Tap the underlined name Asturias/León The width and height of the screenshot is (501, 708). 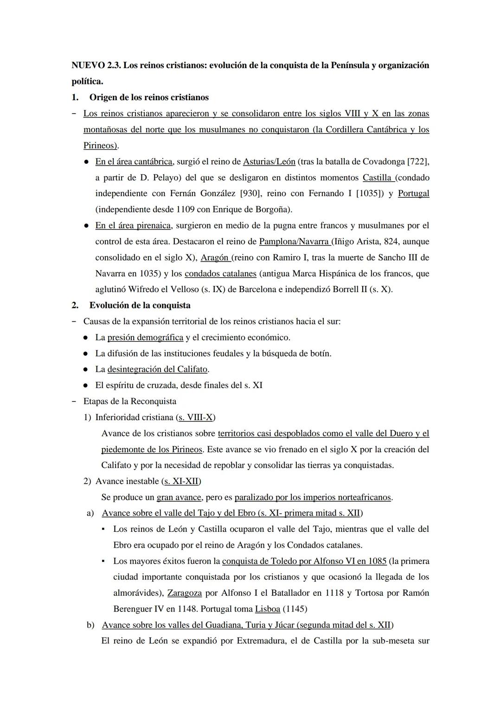[x=269, y=162]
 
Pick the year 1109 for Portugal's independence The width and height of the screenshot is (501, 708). [x=185, y=210]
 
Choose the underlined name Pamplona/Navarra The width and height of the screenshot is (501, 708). [x=294, y=242]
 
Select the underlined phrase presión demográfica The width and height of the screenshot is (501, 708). [x=145, y=338]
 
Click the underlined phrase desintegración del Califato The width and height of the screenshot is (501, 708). [x=158, y=370]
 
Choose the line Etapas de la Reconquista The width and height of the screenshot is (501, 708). [x=129, y=402]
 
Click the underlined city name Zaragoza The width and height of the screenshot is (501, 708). [x=184, y=593]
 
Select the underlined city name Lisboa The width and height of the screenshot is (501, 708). [x=268, y=609]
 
